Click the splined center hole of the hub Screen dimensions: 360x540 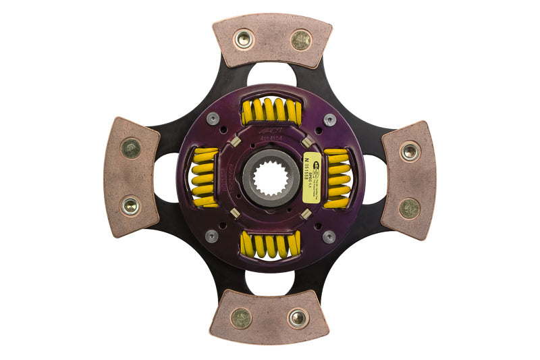271,178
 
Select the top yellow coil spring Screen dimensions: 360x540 271,111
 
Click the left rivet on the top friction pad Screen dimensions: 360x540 243,39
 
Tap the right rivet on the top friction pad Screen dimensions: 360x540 300,40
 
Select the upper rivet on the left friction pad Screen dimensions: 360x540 130,148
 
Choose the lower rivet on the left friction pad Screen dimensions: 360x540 130,205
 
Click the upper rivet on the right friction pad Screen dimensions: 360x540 410,151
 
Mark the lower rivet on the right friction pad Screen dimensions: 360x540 410,208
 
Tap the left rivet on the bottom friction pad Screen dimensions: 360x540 241,317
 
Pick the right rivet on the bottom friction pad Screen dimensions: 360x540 298,317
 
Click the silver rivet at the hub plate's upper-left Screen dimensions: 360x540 212,120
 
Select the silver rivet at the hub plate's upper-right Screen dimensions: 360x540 329,120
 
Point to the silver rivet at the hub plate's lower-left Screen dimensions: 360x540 212,236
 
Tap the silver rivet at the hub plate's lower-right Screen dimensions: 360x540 329,237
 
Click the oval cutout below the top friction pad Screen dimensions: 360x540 271,75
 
